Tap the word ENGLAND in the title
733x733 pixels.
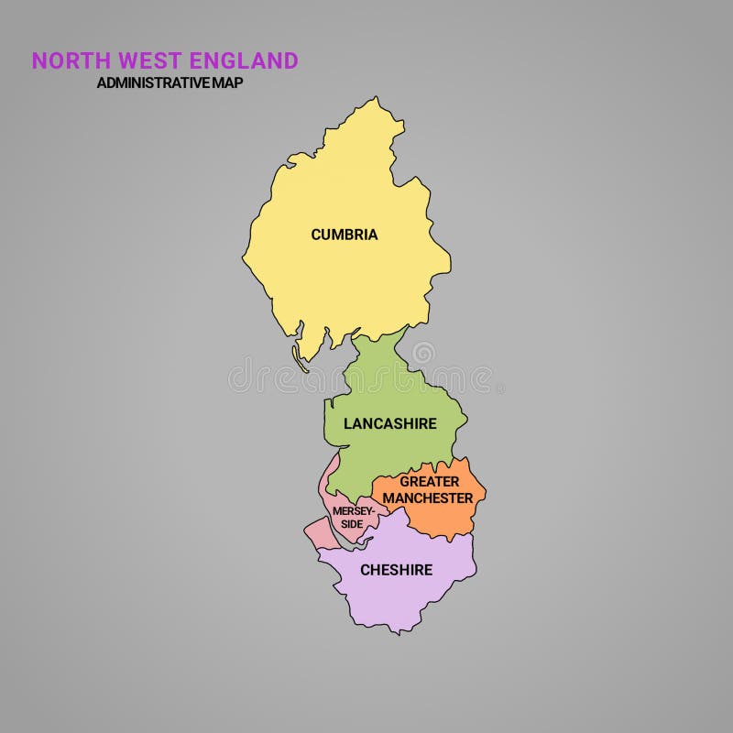point(244,61)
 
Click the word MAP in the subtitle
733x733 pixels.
point(227,82)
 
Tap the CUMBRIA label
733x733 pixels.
point(345,235)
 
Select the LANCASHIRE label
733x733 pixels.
point(389,424)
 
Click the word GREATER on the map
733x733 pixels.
point(429,482)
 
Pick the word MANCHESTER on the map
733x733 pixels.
point(428,498)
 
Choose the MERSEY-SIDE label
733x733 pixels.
point(353,517)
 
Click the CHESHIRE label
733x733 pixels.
point(396,570)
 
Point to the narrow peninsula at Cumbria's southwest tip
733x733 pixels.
point(298,356)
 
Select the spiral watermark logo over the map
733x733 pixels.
point(423,353)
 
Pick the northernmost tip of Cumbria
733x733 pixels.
point(376,97)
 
